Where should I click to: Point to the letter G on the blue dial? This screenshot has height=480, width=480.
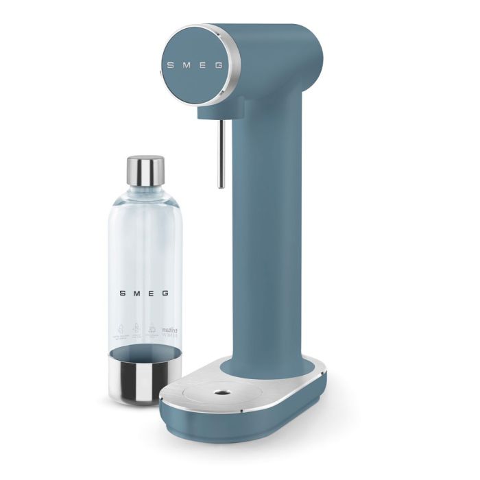pyautogui.click(x=219, y=66)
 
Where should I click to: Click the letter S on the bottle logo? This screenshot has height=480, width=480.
pyautogui.click(x=122, y=293)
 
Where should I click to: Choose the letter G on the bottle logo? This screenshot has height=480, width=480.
pyautogui.click(x=165, y=293)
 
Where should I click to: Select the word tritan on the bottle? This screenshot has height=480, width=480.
pyautogui.click(x=168, y=331)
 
